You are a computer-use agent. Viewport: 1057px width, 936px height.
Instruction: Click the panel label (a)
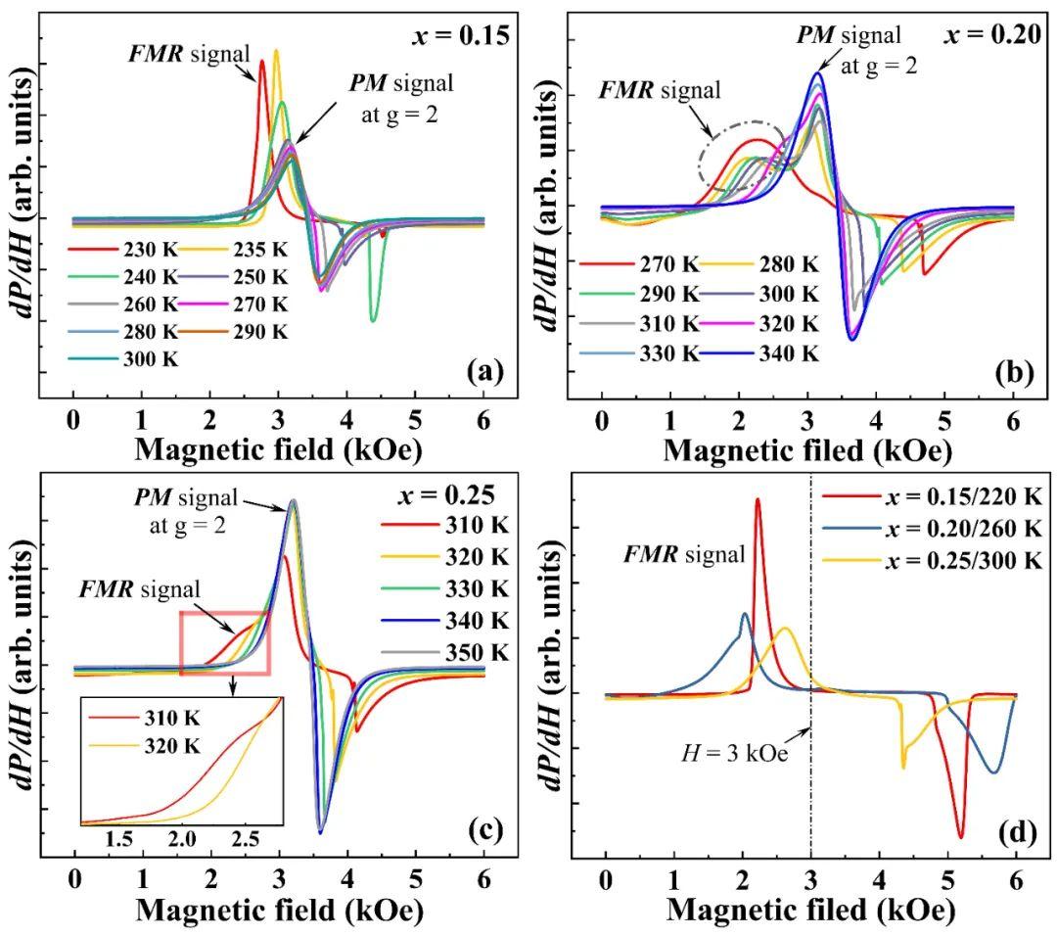(x=485, y=371)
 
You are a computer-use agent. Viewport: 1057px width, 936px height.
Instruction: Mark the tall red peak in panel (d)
(x=757, y=501)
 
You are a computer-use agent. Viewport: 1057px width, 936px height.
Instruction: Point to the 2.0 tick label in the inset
(x=181, y=838)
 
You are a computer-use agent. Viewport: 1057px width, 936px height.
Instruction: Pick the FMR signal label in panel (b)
(x=659, y=91)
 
